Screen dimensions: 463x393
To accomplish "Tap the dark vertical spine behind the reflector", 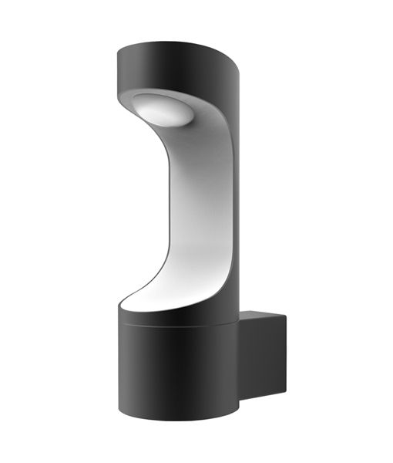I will click(231, 193).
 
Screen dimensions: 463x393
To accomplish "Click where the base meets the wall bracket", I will click(240, 347).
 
